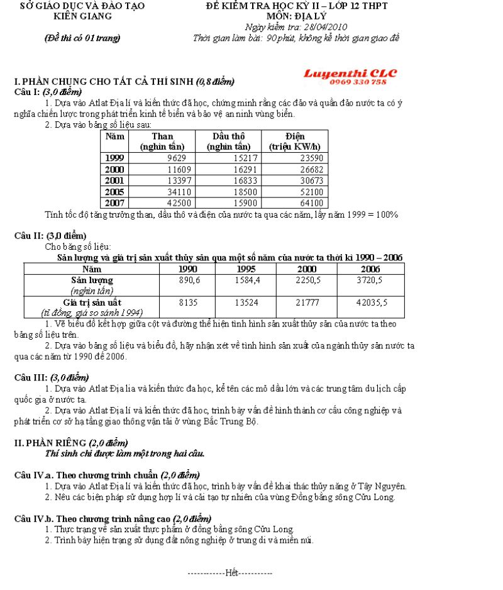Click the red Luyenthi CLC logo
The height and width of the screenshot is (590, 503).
(x=350, y=73)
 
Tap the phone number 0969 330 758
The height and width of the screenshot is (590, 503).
(x=358, y=82)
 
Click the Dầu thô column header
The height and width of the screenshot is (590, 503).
(x=229, y=141)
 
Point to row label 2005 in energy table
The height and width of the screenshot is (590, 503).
(x=114, y=191)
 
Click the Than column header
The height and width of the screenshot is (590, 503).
(x=162, y=141)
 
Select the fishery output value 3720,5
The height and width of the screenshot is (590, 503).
(x=373, y=281)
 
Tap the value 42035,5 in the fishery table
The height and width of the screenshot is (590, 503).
(x=372, y=303)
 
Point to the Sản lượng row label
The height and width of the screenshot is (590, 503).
(x=92, y=280)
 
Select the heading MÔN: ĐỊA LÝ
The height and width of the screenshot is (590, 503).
(x=296, y=16)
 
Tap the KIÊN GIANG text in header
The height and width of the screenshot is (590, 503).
(x=83, y=16)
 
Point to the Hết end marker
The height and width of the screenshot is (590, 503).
(x=231, y=573)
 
